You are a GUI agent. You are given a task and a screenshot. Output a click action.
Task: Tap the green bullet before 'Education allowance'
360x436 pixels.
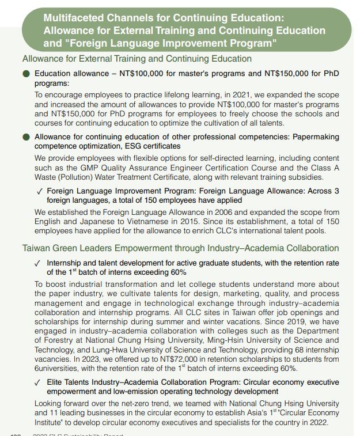(26, 74)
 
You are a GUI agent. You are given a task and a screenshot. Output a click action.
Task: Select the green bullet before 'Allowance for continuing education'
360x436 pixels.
(26, 137)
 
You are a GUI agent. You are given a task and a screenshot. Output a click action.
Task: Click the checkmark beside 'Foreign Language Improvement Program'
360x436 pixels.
(39, 191)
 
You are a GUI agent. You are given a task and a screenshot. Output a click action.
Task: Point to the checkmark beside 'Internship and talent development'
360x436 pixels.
(38, 263)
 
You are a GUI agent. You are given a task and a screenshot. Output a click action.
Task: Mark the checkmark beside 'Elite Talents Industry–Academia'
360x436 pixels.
(38, 382)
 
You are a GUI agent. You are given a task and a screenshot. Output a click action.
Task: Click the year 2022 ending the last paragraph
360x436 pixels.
(317, 422)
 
